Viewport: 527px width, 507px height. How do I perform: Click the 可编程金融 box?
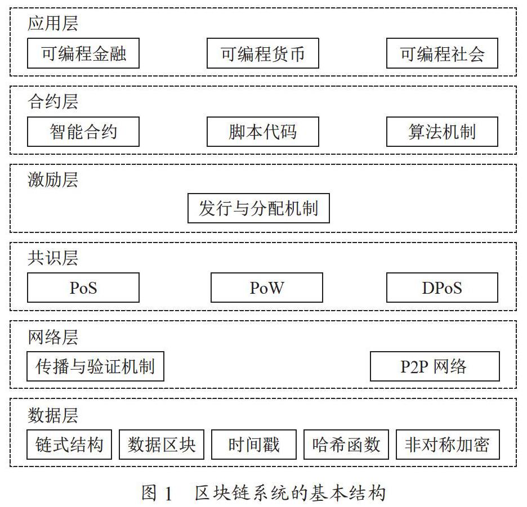[83, 53]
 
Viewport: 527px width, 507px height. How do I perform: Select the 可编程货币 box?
[262, 53]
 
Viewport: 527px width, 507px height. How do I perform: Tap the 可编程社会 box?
[442, 53]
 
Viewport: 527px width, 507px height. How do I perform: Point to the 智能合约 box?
[83, 131]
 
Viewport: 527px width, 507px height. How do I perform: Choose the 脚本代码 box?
[262, 131]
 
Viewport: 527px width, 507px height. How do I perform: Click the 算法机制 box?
[442, 131]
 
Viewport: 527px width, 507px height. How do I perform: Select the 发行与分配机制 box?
[258, 208]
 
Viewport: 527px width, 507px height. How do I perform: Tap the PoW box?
[266, 288]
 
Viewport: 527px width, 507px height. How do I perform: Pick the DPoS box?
[442, 288]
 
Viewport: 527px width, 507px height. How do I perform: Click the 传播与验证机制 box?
[95, 366]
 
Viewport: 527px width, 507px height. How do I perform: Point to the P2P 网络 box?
[435, 366]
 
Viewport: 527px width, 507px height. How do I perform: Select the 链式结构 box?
[69, 444]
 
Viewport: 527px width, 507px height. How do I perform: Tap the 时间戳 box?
[254, 444]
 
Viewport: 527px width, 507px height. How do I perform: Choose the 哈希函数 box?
[346, 444]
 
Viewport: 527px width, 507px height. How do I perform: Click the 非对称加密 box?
[448, 444]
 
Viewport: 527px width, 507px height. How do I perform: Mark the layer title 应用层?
[53, 24]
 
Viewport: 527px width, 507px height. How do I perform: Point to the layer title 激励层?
[53, 180]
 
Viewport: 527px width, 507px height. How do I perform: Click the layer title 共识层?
[53, 258]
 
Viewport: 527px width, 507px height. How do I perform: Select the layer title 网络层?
[53, 337]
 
